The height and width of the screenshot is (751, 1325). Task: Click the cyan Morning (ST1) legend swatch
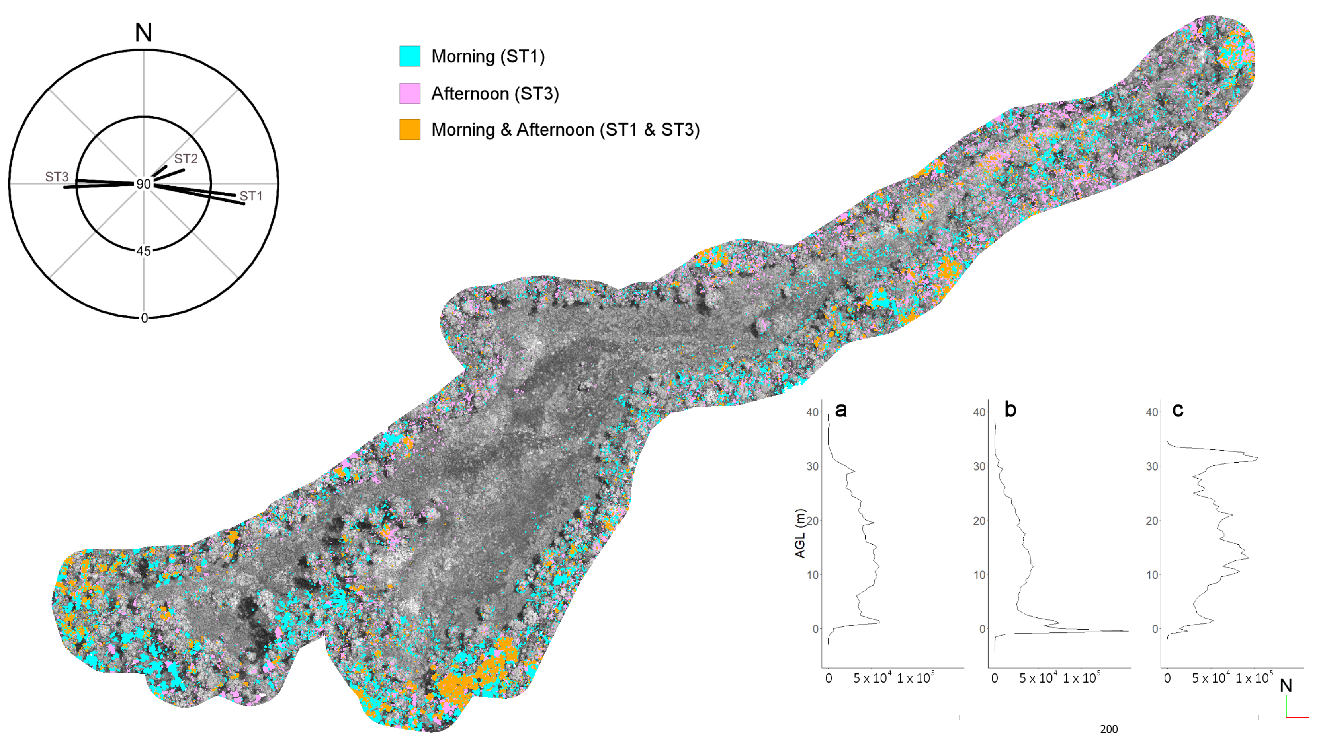[409, 56]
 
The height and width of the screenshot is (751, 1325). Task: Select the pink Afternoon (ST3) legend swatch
[409, 93]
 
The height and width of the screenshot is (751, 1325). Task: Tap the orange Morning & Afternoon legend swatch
[409, 129]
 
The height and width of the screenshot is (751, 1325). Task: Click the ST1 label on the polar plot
[251, 196]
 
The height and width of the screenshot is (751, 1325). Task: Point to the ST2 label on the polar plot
[186, 159]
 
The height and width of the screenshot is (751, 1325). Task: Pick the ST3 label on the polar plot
[57, 177]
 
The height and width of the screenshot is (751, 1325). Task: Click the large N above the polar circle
[143, 33]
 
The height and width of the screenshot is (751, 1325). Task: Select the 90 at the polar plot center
[143, 184]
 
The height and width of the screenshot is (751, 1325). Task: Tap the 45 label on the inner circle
[143, 251]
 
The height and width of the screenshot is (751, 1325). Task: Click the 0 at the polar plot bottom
[144, 318]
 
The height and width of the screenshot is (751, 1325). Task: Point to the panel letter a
[841, 410]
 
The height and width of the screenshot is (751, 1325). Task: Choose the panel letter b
[1010, 410]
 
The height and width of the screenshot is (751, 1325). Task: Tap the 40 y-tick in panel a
[813, 412]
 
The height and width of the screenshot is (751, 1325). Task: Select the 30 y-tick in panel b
[979, 466]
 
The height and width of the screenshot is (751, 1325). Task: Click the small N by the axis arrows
[1286, 685]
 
